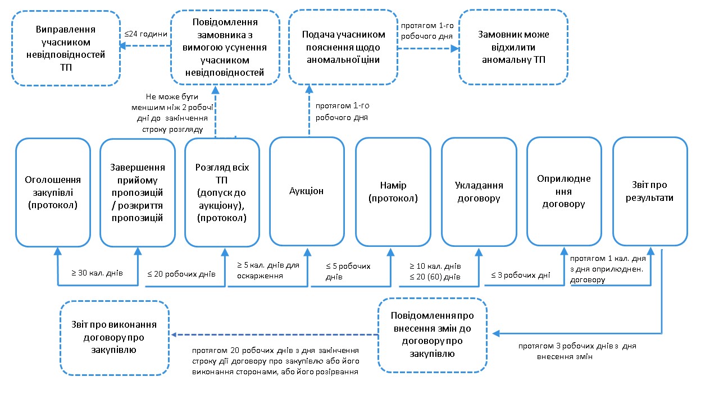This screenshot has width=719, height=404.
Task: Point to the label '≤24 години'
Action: click(x=145, y=34)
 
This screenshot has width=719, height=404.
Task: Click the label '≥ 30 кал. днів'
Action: click(x=97, y=273)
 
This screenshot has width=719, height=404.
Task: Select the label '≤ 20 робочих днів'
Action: click(x=181, y=274)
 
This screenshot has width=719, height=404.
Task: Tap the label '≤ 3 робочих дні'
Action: click(x=520, y=275)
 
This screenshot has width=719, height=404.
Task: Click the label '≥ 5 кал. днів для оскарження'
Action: click(x=268, y=270)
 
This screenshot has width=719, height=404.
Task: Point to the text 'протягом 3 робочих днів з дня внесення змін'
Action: click(x=577, y=351)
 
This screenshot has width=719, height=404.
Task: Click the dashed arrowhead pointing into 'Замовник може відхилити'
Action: click(x=454, y=49)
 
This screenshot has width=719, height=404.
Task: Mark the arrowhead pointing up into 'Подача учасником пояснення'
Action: click(x=309, y=89)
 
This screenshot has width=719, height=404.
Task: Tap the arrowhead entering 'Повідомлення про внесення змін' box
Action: click(x=496, y=334)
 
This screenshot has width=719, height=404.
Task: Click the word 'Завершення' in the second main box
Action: click(x=138, y=167)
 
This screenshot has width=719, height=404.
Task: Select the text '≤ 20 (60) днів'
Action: click(x=435, y=277)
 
